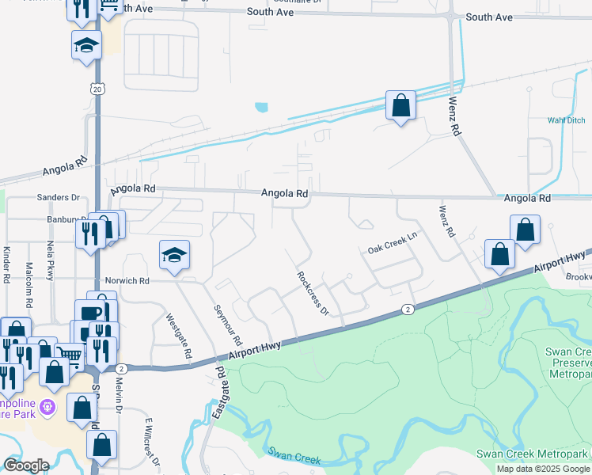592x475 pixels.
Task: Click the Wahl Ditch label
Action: (566, 121)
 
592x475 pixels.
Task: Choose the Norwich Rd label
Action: (127, 281)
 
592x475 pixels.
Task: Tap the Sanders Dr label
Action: (59, 197)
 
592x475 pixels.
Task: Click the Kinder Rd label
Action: (6, 264)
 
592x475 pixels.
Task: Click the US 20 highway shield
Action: (97, 89)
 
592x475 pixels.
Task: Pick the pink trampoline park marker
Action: (48, 407)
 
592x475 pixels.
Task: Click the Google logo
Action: (26, 465)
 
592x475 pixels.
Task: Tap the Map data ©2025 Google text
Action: (542, 469)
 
